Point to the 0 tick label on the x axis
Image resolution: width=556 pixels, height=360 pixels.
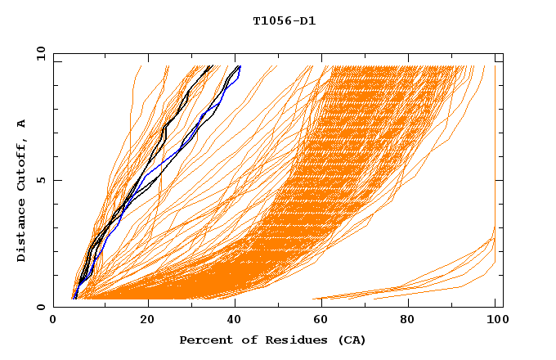[x=53, y=321]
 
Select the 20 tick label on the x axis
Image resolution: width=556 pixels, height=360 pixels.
[x=147, y=321]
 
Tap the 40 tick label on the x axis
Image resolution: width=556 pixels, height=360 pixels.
[x=237, y=321]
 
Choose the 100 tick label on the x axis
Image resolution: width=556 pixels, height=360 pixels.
[x=495, y=321]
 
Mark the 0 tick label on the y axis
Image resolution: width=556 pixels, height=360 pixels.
[x=41, y=307]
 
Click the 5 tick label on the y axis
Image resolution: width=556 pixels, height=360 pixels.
[x=41, y=180]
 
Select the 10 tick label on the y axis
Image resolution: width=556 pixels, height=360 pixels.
[x=38, y=53]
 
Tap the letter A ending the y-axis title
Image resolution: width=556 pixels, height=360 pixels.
[x=21, y=124]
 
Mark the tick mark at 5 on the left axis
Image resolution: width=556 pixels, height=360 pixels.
[x=56, y=180]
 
